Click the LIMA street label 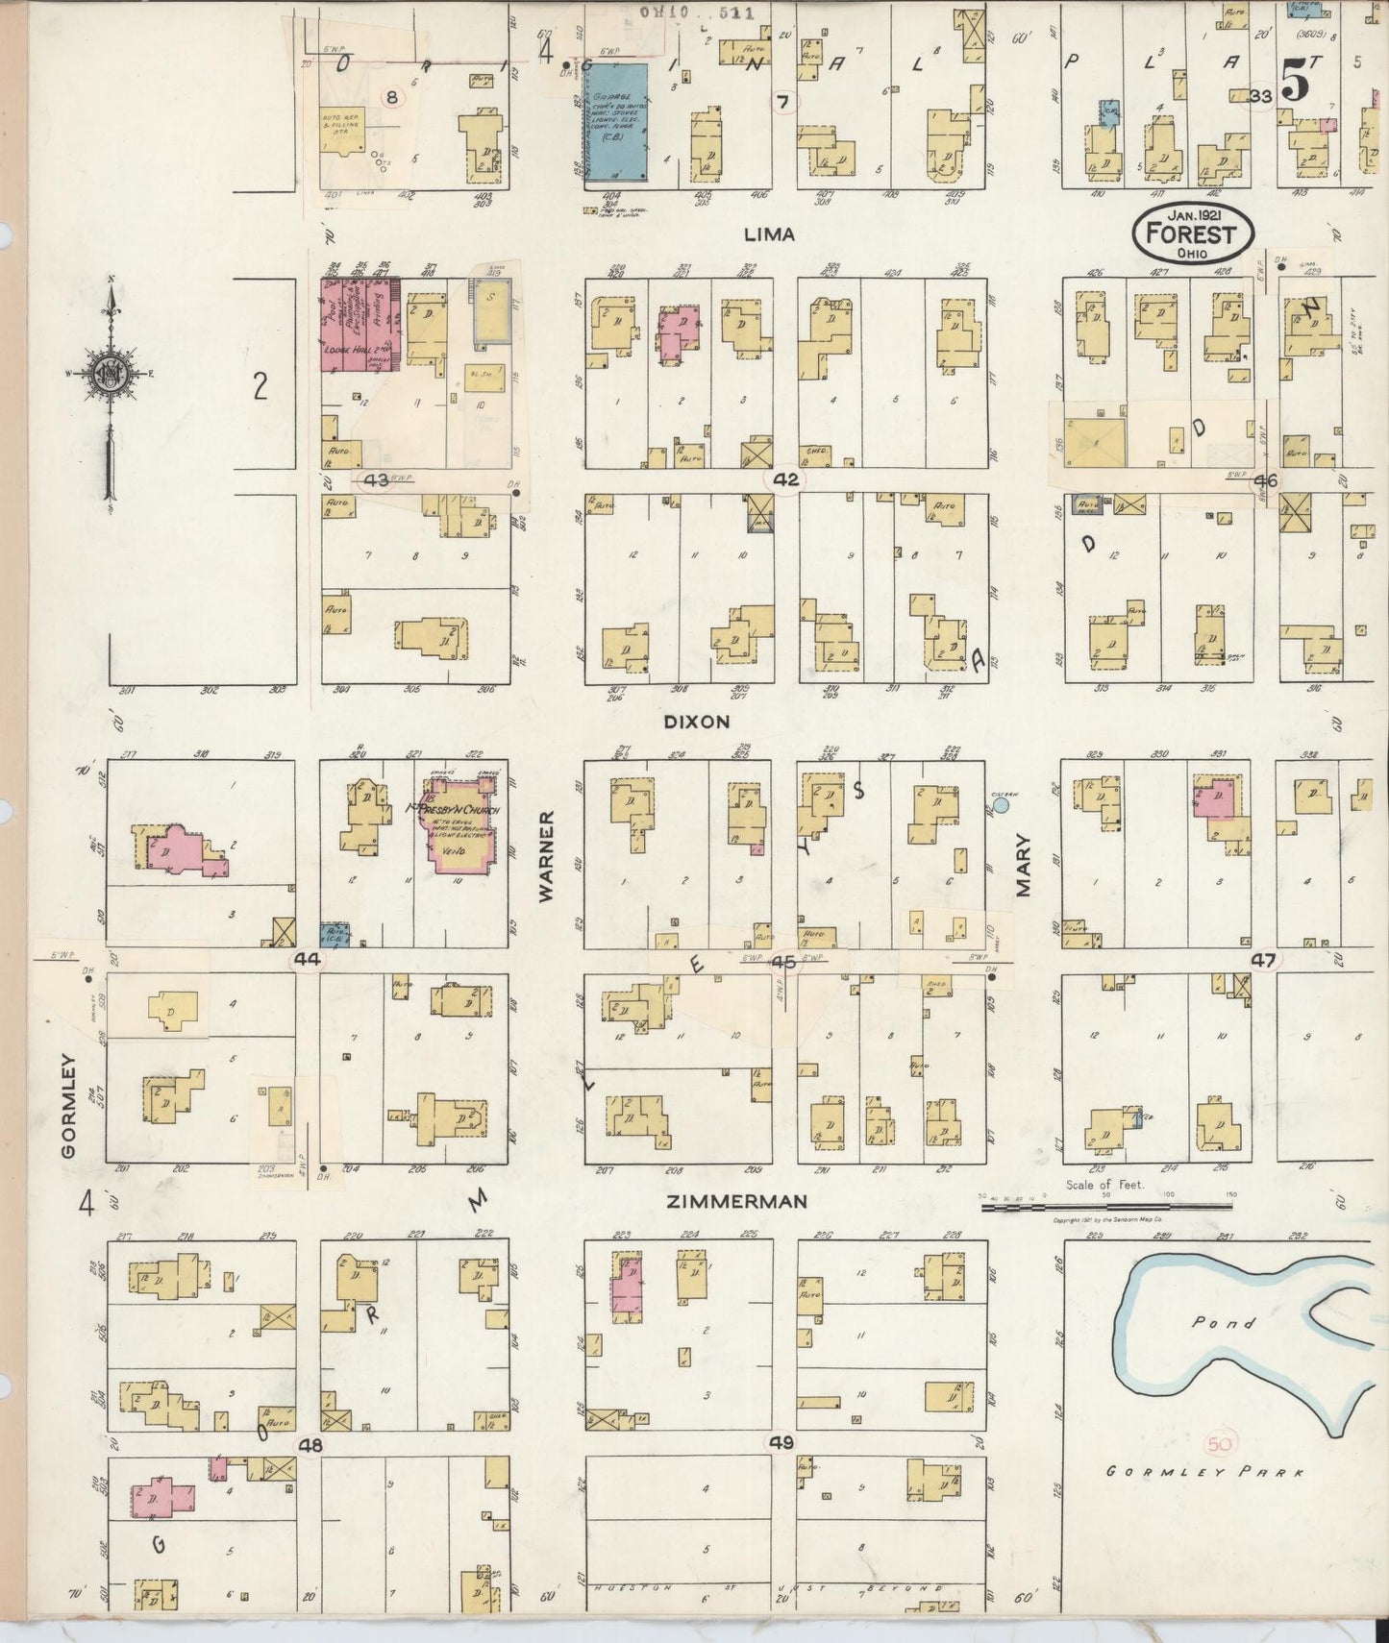(x=770, y=234)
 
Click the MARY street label (x=1023, y=866)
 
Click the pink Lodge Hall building (x=359, y=330)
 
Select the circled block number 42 (x=785, y=480)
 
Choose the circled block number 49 (x=781, y=1442)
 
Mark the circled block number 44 (x=309, y=959)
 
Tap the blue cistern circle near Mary (x=1001, y=807)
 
